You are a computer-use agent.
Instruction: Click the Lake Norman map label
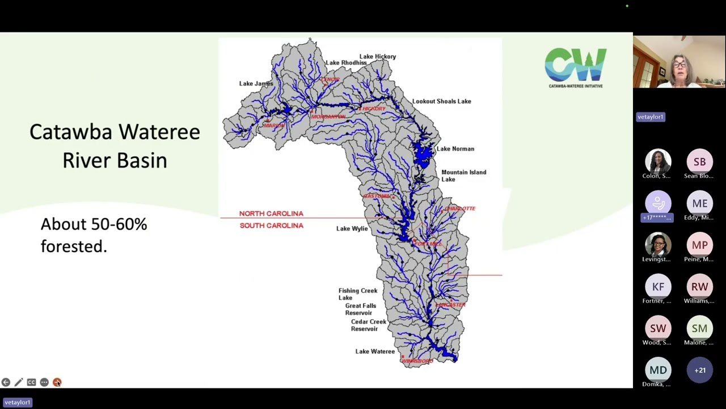pos(455,149)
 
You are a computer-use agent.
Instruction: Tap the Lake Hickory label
pos(378,57)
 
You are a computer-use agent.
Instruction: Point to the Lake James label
pos(256,84)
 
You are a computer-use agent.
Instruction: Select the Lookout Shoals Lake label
pos(441,101)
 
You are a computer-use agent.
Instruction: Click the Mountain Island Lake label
pos(463,176)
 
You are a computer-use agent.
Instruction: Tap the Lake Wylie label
pos(352,228)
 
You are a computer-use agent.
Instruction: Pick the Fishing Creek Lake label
pos(357,294)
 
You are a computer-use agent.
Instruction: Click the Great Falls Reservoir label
pos(360,309)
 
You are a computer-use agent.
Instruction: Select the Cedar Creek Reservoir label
pos(368,325)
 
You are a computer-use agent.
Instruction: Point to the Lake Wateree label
pos(375,352)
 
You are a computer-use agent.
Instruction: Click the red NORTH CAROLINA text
pos(271,214)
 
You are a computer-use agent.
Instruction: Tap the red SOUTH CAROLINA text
pos(271,226)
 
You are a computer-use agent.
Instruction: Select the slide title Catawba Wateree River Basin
pos(115,146)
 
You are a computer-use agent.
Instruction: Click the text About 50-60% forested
pos(94,235)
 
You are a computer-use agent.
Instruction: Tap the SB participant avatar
pos(699,162)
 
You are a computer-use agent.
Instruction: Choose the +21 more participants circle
pos(699,370)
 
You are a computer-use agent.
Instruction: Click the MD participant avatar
pos(658,370)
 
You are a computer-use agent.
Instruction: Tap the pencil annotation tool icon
pos(19,382)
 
